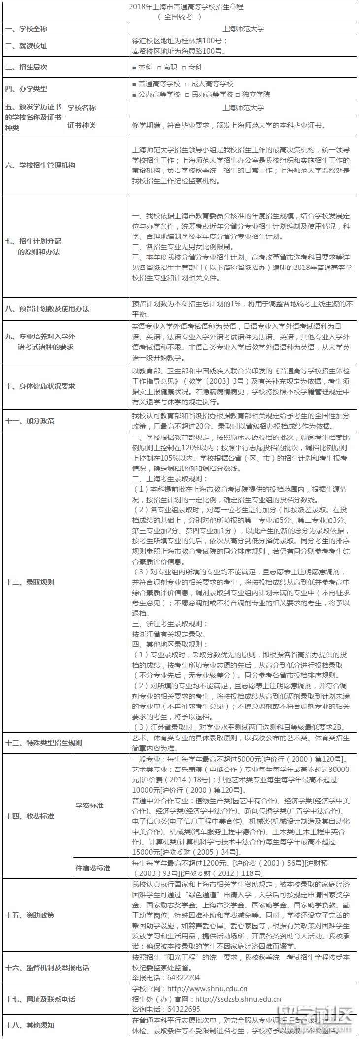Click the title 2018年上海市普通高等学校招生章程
pyautogui.click(x=179, y=7)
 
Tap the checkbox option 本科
pyautogui.click(x=135, y=67)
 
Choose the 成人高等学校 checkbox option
pyautogui.click(x=187, y=84)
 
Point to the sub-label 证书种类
pyautogui.click(x=82, y=125)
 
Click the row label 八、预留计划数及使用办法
pyautogui.click(x=47, y=309)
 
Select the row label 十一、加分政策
pyautogui.click(x=30, y=421)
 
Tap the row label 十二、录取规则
pyautogui.click(x=30, y=582)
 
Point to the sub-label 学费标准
pyautogui.click(x=90, y=805)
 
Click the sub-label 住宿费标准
pyautogui.click(x=93, y=868)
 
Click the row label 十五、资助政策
pyautogui.click(x=30, y=915)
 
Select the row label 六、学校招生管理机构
pyautogui.click(x=40, y=166)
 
